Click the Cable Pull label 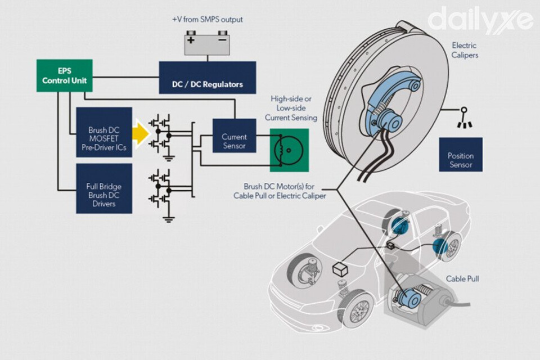coord(463,278)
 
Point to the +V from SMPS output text coord(207,20)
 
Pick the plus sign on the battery coord(191,40)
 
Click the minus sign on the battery coord(222,40)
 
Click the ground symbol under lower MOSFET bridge coord(167,218)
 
